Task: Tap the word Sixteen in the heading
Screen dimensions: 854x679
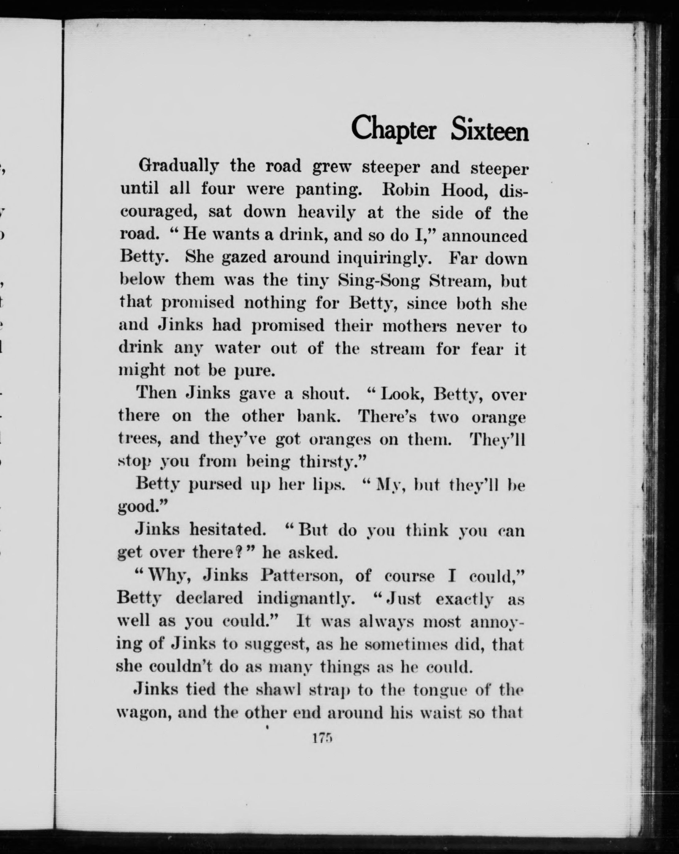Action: (490, 128)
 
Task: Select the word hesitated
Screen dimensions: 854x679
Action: (226, 530)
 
